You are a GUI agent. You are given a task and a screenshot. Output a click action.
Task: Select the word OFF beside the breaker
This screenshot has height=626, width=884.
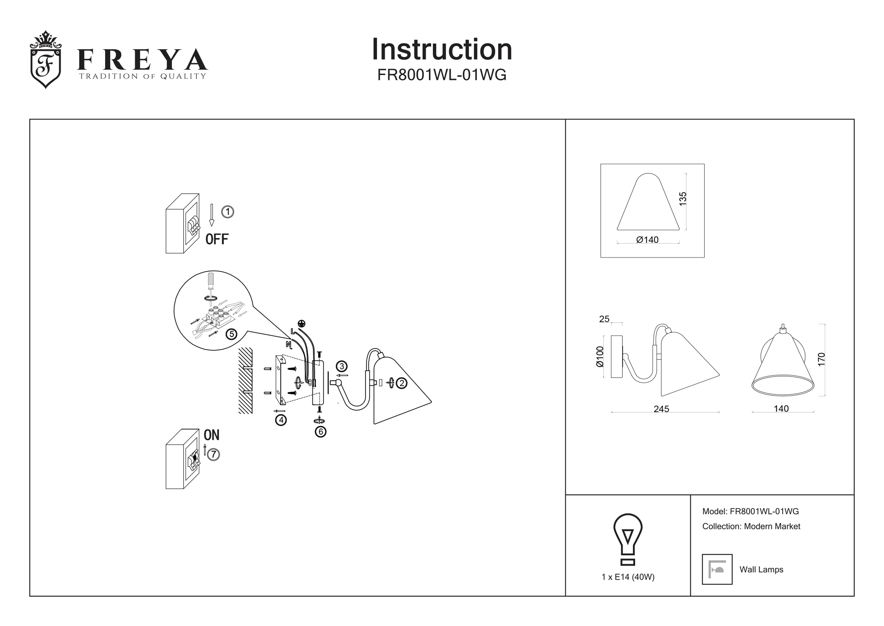(x=217, y=239)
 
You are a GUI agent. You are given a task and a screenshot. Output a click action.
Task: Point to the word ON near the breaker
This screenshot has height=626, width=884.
(x=211, y=435)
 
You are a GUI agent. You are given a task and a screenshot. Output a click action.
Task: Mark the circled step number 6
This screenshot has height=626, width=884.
(x=320, y=432)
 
